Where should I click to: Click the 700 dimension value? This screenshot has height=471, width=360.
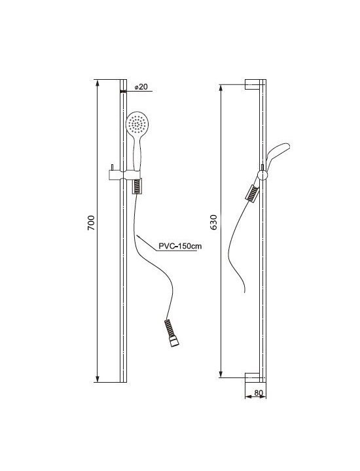pos(91,223)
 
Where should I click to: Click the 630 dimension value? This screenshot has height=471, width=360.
pos(213,222)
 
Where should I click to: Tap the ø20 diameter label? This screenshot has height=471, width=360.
pos(141,87)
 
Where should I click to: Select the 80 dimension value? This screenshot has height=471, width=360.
pos(259,393)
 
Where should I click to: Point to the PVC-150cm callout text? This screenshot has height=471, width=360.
pos(180,247)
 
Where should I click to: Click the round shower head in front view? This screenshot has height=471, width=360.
pos(137,123)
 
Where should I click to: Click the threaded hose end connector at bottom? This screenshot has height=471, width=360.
pos(172,334)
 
